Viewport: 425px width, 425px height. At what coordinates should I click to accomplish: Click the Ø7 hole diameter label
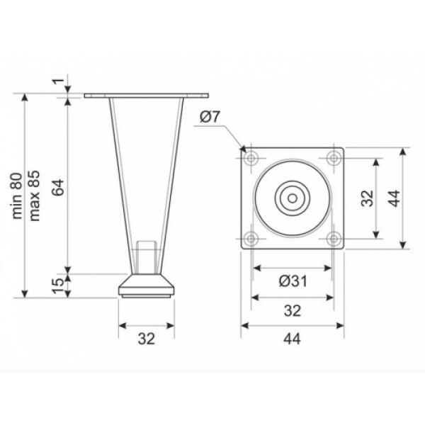point(209,117)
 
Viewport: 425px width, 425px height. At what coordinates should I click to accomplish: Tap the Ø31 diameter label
point(293,281)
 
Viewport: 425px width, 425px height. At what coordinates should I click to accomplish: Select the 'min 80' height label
point(18,195)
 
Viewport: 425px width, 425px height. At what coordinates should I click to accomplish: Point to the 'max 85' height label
point(35,195)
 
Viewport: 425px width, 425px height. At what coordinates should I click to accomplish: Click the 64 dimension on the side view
point(59,187)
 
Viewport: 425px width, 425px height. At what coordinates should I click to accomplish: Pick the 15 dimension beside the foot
point(59,285)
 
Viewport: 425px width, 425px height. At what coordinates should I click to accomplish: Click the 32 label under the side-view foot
point(147,339)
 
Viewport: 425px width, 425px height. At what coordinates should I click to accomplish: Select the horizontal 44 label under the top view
point(292,339)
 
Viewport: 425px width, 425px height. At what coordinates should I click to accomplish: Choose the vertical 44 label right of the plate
point(396,198)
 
